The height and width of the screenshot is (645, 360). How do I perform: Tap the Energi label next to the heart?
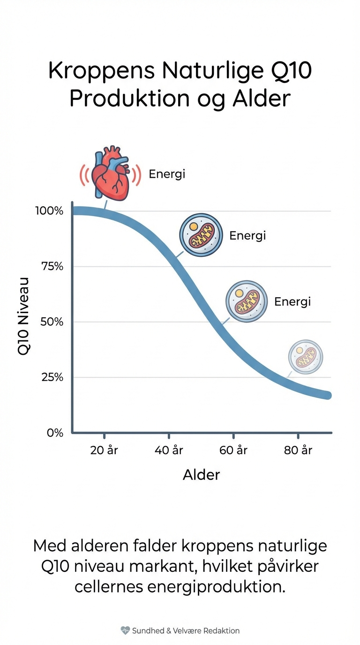167,174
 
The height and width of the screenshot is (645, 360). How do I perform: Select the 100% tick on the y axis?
49,210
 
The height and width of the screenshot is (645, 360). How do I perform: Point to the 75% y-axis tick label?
52,266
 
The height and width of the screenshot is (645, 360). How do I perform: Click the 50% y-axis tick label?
52,322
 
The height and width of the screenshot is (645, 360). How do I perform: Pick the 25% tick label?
52,377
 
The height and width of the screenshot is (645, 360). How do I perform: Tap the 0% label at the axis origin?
55,433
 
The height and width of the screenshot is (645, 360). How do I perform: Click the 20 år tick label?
104,450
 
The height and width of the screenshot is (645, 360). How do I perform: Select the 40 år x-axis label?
169,450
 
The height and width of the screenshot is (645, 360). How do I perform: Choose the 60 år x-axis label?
233,450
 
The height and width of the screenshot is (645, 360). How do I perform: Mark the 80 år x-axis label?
298,450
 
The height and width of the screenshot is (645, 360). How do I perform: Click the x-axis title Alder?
201,475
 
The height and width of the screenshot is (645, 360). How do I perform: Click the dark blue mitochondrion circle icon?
201,235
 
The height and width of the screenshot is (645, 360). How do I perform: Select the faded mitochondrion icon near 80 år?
306,357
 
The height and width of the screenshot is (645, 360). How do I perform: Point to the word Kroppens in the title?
101,71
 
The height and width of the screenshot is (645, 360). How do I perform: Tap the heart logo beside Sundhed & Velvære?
125,630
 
